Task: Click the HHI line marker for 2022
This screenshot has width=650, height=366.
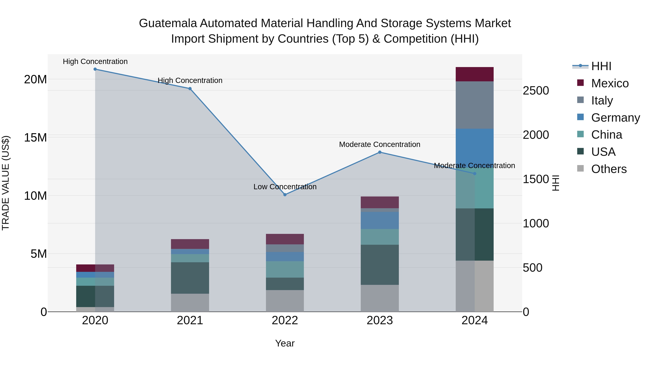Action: pyautogui.click(x=285, y=195)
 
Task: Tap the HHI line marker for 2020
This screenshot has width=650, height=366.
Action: pyautogui.click(x=95, y=69)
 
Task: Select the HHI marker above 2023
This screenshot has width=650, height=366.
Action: pyautogui.click(x=380, y=152)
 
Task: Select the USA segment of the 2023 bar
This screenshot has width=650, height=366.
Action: pyautogui.click(x=380, y=265)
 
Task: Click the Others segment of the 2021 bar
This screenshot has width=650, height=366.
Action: pyautogui.click(x=190, y=303)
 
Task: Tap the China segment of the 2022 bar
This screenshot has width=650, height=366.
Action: pyautogui.click(x=285, y=269)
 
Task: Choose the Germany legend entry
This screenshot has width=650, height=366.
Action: pyautogui.click(x=615, y=118)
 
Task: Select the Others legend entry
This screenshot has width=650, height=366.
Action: pyautogui.click(x=609, y=169)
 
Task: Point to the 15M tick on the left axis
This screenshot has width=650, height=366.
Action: pyautogui.click(x=35, y=138)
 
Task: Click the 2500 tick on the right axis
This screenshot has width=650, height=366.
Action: pyautogui.click(x=536, y=91)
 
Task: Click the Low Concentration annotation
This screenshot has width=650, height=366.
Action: pyautogui.click(x=285, y=187)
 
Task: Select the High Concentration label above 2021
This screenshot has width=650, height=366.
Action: pyautogui.click(x=190, y=81)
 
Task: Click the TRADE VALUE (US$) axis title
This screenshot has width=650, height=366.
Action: pyautogui.click(x=6, y=183)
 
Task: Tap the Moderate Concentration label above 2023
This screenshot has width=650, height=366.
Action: pyautogui.click(x=380, y=144)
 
